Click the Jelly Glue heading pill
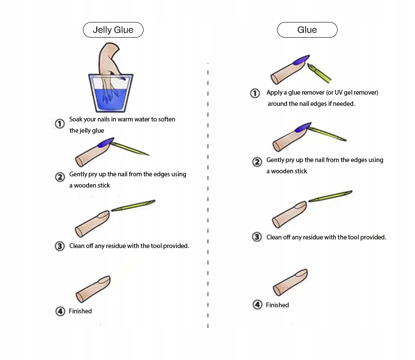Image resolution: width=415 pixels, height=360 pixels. tap(113, 30)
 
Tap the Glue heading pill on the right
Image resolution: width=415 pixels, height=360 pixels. tap(307, 30)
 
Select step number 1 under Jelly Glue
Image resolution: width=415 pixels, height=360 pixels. tap(60, 124)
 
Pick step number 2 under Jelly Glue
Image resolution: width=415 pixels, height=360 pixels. tap(60, 177)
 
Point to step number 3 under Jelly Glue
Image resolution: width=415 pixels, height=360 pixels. tap(60, 246)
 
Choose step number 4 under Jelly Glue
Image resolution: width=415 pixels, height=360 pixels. tap(60, 311)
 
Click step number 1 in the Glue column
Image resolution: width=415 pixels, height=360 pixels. tap(255, 93)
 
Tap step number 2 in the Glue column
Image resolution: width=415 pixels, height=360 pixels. tap(257, 162)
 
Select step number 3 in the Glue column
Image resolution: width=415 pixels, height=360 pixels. tap(257, 237)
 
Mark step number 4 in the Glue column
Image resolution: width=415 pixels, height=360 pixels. tap(257, 305)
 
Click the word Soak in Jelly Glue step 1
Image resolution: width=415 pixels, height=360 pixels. tap(77, 119)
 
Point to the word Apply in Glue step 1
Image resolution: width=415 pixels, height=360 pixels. tap(275, 92)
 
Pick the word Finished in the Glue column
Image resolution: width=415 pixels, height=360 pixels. tap(277, 305)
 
